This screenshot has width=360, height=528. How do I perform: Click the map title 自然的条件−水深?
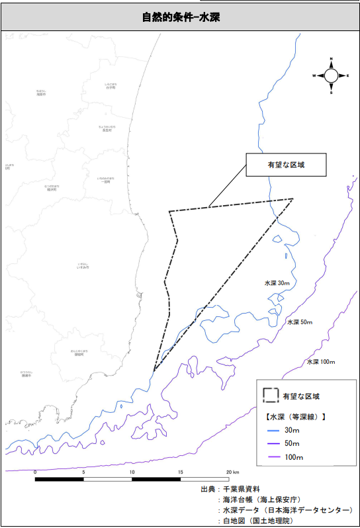tap(180, 17)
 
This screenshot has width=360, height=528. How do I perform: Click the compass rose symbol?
tap(331, 76)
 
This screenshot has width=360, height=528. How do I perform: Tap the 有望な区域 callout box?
tap(286, 166)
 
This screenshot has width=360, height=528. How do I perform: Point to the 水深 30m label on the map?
tap(277, 283)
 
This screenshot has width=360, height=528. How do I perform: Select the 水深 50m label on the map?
tap(299, 322)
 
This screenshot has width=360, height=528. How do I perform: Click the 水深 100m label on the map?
tap(321, 362)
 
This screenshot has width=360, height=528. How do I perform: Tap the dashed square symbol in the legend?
tap(269, 396)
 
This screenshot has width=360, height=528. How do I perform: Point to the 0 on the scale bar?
tap(34, 472)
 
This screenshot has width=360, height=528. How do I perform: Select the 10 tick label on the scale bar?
tap(132, 472)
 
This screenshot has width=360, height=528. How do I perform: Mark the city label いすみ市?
tap(83, 266)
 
